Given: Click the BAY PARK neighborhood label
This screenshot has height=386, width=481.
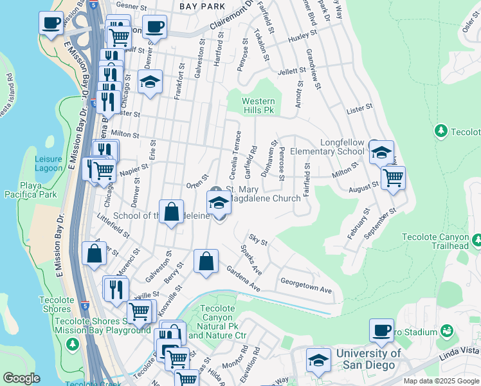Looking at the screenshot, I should (202, 6).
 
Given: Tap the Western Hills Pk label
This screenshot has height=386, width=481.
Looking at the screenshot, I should (259, 106).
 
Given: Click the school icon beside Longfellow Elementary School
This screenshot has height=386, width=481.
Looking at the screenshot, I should (381, 152).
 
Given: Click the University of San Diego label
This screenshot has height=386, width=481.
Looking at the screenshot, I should (369, 359).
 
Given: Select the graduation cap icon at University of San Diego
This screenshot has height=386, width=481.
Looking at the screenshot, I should (318, 360).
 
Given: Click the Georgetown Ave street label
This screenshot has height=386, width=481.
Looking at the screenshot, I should (306, 286).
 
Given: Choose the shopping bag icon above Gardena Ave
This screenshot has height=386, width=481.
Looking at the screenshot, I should (205, 262).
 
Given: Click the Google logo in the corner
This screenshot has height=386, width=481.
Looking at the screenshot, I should (21, 378).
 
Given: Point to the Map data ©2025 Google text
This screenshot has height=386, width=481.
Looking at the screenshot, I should (441, 381).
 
